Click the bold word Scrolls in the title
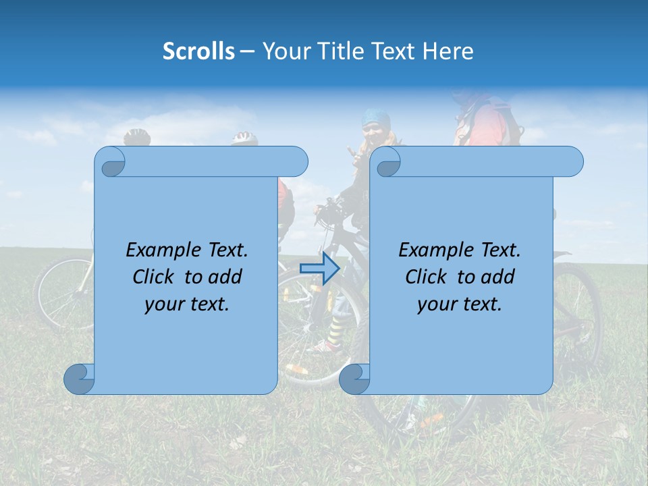click(x=198, y=51)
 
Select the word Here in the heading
click(x=448, y=51)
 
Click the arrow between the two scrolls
click(x=319, y=268)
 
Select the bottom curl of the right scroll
click(x=354, y=379)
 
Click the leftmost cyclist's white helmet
click(x=137, y=137)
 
